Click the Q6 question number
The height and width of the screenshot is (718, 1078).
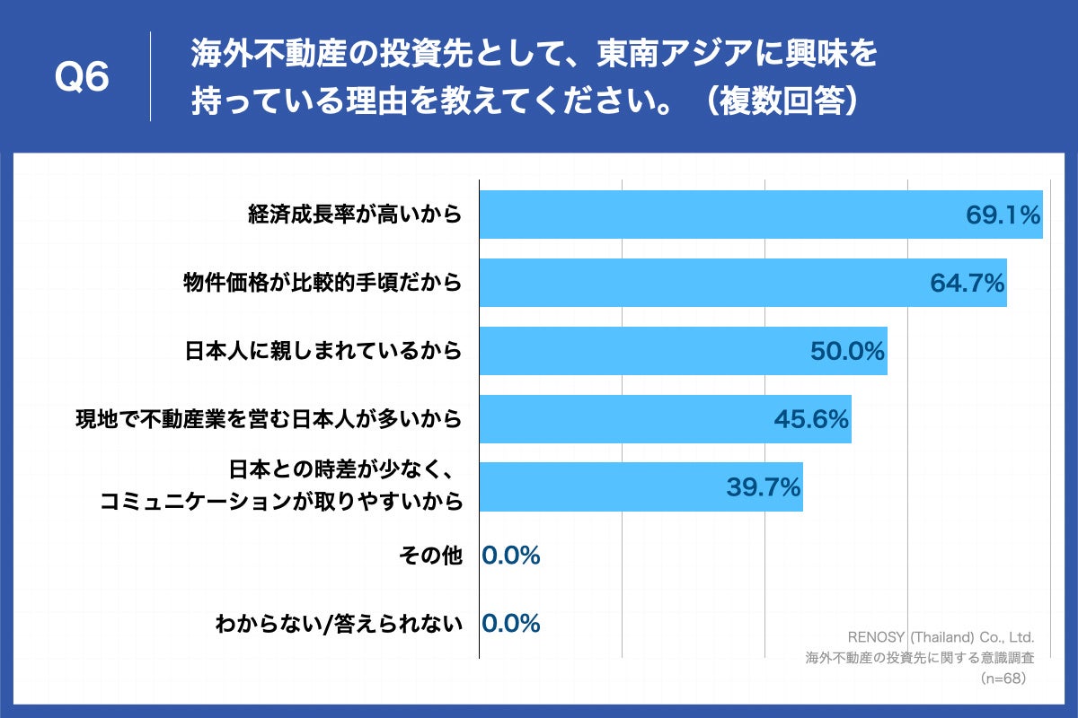pyautogui.click(x=82, y=79)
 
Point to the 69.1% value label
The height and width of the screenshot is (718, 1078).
pyautogui.click(x=1003, y=215)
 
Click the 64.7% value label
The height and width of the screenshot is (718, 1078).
pyautogui.click(x=967, y=284)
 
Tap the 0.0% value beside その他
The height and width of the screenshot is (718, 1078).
pyautogui.click(x=511, y=556)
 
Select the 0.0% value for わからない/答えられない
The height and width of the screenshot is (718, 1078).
pyautogui.click(x=511, y=624)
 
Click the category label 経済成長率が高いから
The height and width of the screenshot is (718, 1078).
pyautogui.click(x=355, y=215)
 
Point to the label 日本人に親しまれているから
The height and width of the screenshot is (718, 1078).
pyautogui.click(x=323, y=351)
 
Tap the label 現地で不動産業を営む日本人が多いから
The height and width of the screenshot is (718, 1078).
pyautogui.click(x=269, y=419)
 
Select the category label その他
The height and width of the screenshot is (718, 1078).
pyautogui.click(x=430, y=556)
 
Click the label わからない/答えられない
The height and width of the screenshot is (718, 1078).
pyautogui.click(x=339, y=624)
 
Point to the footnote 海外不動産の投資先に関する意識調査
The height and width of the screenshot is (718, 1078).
pyautogui.click(x=919, y=657)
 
